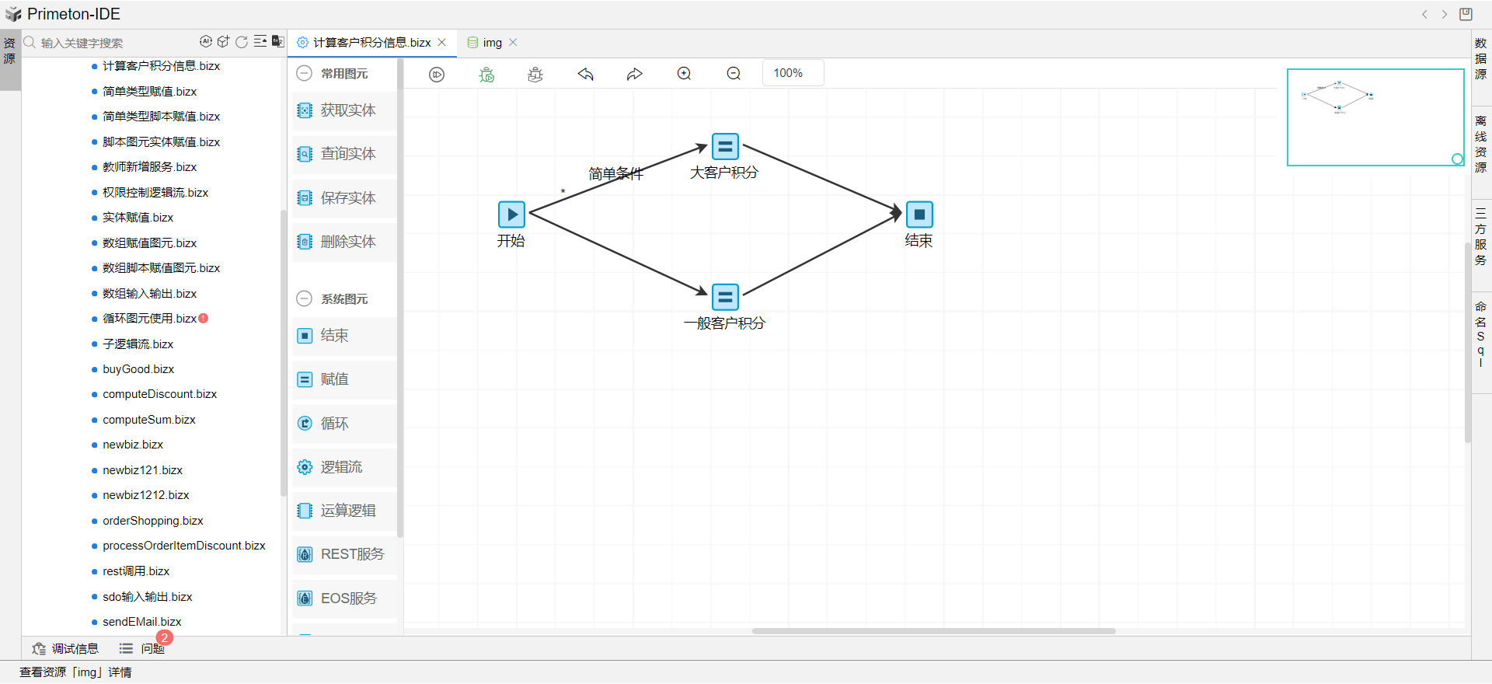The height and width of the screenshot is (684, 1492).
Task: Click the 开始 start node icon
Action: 511,215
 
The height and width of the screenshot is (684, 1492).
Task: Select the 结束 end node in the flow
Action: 919,215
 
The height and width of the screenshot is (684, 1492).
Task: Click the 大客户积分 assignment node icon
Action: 725,146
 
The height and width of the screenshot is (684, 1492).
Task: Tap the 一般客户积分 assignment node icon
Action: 725,297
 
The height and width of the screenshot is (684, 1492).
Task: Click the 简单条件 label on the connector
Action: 615,173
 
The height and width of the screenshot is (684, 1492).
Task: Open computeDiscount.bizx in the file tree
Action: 159,394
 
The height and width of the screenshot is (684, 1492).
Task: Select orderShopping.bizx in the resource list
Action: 153,521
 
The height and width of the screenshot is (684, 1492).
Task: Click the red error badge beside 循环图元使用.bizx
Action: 204,318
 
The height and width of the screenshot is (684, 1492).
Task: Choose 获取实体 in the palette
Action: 347,110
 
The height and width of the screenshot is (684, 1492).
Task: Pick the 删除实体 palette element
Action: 347,242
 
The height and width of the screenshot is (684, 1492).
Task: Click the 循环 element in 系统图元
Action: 334,424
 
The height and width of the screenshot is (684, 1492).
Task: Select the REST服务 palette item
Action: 351,554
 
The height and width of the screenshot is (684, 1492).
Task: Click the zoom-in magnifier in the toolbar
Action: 684,74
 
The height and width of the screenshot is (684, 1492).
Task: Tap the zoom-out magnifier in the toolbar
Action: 734,74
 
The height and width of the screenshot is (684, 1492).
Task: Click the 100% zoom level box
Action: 792,73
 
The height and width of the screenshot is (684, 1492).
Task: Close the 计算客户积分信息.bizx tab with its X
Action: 442,43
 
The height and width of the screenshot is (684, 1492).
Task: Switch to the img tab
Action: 492,43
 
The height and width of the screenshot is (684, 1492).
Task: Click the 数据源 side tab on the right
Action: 1480,59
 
